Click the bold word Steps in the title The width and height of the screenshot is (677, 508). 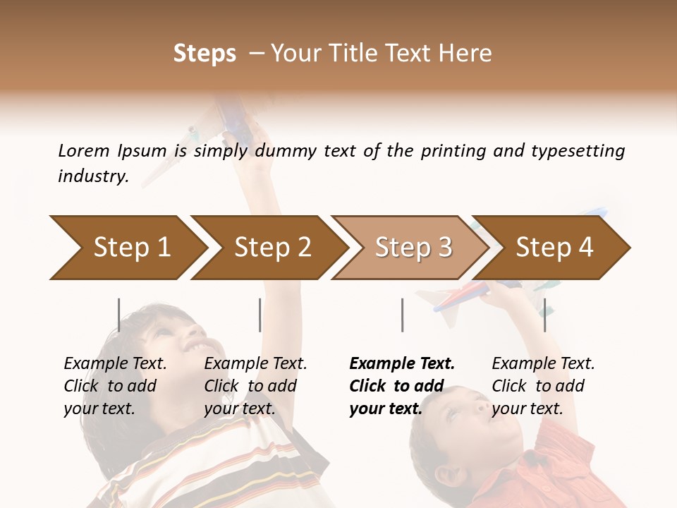[x=205, y=54]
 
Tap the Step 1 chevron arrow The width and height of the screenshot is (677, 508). [x=127, y=248]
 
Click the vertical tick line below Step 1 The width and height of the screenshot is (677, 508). [x=119, y=315]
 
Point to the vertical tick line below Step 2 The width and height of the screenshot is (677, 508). [x=260, y=315]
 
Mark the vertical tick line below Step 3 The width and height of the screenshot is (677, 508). [x=402, y=315]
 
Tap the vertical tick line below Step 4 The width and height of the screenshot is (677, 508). [x=544, y=315]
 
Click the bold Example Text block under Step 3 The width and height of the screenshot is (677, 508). [x=402, y=386]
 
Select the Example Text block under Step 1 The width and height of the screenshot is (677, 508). [x=115, y=386]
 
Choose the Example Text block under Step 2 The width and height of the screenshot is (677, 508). [x=255, y=386]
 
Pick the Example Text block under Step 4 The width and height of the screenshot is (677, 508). [x=543, y=386]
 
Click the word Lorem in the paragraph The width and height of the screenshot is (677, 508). [x=83, y=151]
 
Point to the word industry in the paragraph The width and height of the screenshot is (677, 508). [x=92, y=176]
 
